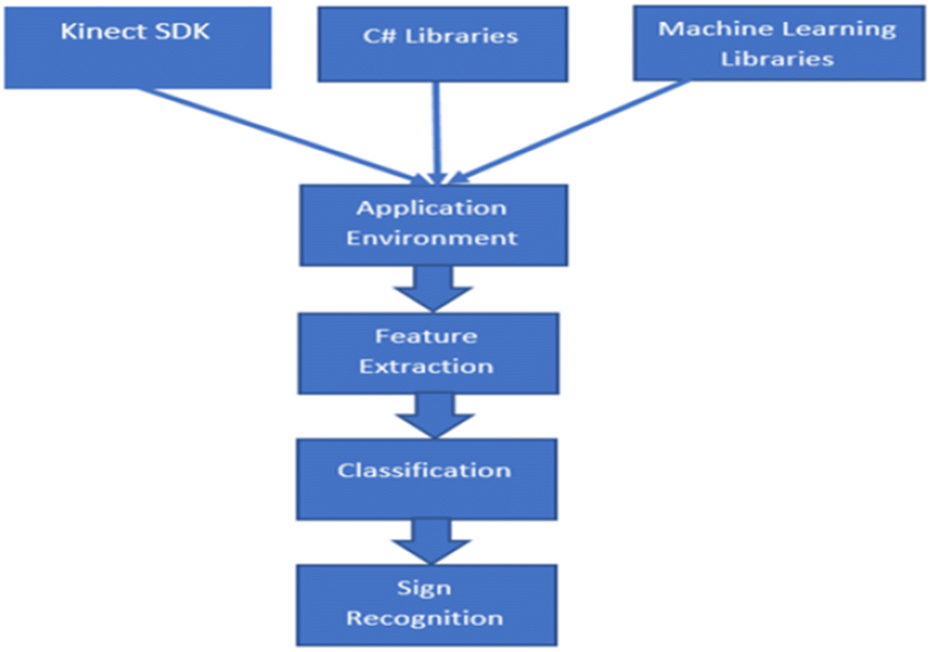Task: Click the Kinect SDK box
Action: point(138,46)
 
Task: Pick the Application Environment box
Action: point(431,224)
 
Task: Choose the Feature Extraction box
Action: point(426,352)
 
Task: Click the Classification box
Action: point(425,478)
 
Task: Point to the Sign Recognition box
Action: point(425,604)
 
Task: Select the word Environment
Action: point(432,238)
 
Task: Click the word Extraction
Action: point(426,366)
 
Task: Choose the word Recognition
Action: point(424,617)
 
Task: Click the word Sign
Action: point(424,588)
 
